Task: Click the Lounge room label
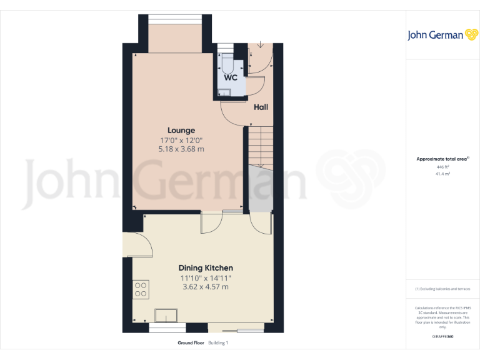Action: [181, 130]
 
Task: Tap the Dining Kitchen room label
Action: [206, 267]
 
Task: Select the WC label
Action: [231, 78]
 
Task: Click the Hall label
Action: [261, 107]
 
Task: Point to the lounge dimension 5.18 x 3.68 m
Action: [181, 149]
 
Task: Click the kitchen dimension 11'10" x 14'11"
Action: [206, 277]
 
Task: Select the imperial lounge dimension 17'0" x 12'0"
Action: [181, 140]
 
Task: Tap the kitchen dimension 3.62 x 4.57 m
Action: [206, 287]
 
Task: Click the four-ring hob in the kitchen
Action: [141, 288]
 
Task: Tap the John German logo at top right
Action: [442, 35]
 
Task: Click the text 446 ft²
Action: [442, 167]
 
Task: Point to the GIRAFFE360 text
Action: [442, 337]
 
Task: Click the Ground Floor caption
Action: [191, 343]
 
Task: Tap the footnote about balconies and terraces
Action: [442, 289]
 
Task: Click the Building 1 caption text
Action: [219, 343]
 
